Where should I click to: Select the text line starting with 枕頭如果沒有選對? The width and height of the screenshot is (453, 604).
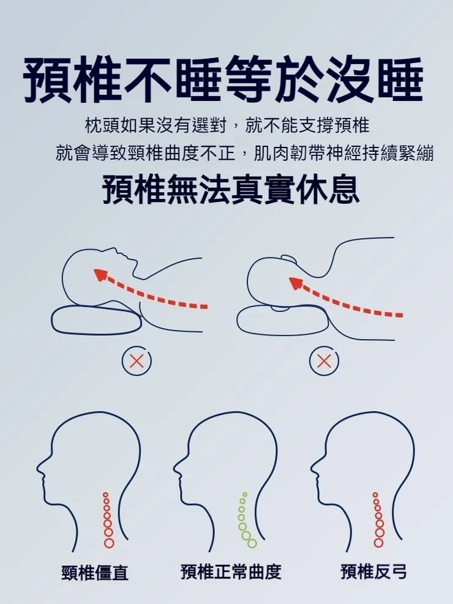pos(226,126)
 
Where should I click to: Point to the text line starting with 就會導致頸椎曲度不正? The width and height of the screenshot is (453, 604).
pos(244,153)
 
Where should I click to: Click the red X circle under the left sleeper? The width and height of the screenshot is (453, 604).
pos(137,361)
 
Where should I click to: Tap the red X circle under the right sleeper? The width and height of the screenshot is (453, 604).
pos(324,361)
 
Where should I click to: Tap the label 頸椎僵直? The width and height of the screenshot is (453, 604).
pos(95,573)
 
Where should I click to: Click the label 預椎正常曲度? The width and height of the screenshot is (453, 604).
pos(231,572)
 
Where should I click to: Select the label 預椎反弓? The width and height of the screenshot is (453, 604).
pos(373,572)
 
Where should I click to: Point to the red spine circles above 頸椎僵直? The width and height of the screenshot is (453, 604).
pos(108,520)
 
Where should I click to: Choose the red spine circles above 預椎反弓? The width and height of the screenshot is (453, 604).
pos(378,520)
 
